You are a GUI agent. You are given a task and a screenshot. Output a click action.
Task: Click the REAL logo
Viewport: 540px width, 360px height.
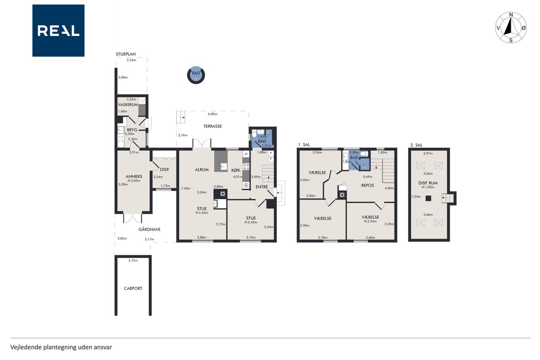[x=58, y=31]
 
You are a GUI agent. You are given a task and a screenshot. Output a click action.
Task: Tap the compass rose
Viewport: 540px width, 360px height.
[x=510, y=27]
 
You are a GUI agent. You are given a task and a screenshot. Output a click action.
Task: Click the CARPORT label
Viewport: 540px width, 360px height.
[x=133, y=288]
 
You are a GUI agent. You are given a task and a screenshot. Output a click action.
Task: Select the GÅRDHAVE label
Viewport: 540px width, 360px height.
[x=149, y=229]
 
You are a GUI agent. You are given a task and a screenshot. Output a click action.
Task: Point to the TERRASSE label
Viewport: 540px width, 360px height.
[x=212, y=126]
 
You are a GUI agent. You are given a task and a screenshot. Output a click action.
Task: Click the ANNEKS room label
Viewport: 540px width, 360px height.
[x=134, y=176]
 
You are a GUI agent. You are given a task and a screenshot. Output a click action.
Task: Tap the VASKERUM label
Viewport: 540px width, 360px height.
[x=128, y=105]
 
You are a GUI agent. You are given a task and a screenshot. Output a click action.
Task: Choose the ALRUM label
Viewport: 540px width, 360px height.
[x=202, y=170]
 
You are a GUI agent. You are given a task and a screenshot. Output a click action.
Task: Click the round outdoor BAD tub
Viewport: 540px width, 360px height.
[x=196, y=75]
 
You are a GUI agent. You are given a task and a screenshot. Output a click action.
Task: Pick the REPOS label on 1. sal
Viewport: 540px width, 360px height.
[x=367, y=185]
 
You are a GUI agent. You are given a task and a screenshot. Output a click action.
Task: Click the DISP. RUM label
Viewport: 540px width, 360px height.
[x=428, y=183]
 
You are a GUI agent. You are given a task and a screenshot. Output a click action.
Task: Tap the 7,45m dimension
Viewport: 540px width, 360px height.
[x=186, y=189]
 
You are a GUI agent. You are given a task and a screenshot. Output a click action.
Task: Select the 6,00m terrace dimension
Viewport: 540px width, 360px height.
[x=213, y=114]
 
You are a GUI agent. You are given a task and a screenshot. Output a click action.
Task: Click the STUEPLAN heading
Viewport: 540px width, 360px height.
[x=126, y=54]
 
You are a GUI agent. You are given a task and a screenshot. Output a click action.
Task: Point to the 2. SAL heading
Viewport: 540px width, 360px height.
[x=416, y=145]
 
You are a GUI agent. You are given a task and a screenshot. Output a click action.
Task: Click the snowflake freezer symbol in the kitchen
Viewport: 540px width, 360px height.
[x=246, y=185]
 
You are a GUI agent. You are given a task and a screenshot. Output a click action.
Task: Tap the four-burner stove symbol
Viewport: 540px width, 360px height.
[x=246, y=167]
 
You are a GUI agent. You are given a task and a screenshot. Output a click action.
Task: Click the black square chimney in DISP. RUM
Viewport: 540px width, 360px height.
[x=428, y=198]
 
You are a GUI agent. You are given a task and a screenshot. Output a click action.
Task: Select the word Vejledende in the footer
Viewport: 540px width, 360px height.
[x=26, y=347]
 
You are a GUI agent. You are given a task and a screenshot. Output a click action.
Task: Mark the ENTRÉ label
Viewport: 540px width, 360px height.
[x=262, y=187]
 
